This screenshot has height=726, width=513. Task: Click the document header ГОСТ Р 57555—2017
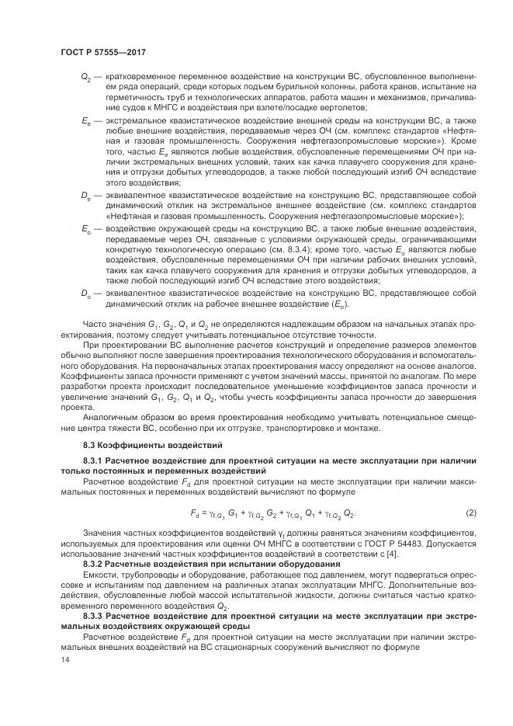tap(102, 52)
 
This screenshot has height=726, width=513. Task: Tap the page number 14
tap(64, 660)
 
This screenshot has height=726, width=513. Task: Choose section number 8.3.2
tap(95, 564)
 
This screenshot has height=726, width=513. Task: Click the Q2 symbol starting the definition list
tap(85, 78)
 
